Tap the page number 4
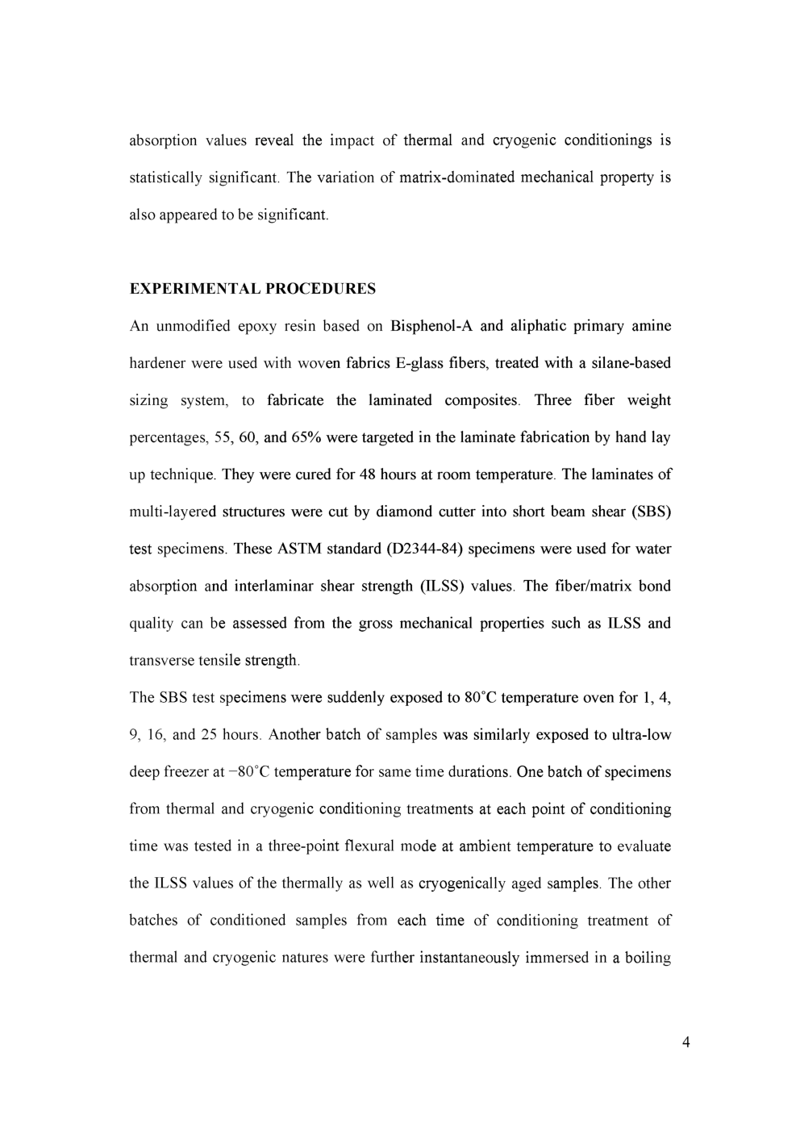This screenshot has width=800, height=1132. click(685, 1042)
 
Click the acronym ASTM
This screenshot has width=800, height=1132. click(300, 549)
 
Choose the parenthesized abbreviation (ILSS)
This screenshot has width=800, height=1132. click(440, 586)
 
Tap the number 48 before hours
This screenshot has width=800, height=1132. click(368, 474)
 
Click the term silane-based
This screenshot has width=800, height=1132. click(631, 363)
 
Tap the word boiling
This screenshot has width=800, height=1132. click(648, 958)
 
